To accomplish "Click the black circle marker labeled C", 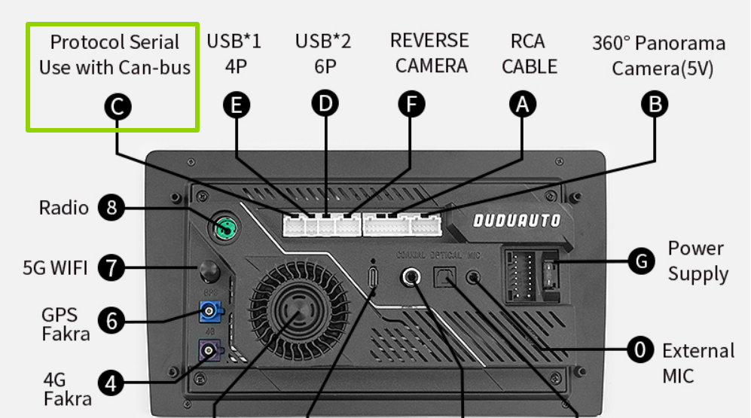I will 117,108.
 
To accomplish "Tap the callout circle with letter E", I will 237,106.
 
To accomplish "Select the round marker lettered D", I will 325,103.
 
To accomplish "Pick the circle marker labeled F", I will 411,105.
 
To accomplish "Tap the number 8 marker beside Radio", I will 111,209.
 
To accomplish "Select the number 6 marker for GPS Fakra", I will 111,322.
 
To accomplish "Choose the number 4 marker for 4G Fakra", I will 111,384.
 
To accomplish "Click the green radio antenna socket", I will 224,225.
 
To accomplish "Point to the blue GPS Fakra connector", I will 209,310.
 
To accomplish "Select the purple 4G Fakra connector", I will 209,349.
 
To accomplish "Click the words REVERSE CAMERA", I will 430,53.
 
